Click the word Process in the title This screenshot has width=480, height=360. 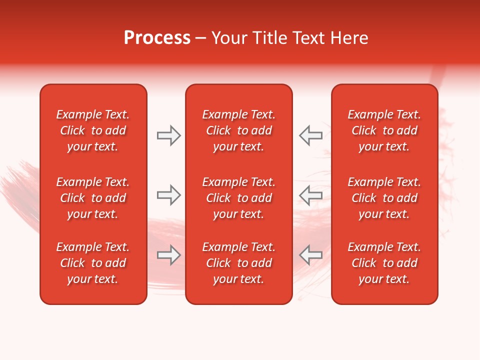(157, 38)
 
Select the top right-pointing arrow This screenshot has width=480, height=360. (168, 135)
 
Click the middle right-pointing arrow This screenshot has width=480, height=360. (168, 195)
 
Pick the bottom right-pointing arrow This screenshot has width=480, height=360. (168, 255)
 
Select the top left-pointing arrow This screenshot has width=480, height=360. (310, 135)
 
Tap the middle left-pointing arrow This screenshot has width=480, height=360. (310, 195)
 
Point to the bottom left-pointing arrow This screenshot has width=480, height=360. (310, 255)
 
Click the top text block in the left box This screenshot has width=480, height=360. (93, 130)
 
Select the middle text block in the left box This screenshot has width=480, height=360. (93, 198)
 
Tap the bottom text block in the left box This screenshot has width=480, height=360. (93, 263)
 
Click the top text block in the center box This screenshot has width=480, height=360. (238, 130)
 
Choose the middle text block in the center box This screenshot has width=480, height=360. (238, 198)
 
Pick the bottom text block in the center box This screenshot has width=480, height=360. (238, 263)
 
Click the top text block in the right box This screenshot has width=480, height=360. (384, 130)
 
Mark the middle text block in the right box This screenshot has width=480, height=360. (384, 198)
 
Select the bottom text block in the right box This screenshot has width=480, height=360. (384, 263)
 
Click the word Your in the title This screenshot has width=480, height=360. (228, 38)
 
